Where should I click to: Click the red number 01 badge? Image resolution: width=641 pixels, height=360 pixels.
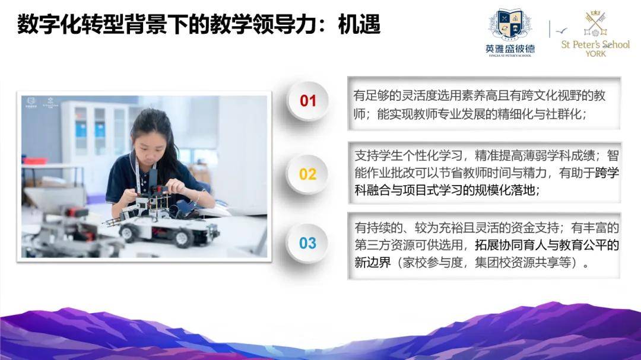308,101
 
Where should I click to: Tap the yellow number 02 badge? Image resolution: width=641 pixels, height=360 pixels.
307,174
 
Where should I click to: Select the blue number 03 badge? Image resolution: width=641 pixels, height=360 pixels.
307,244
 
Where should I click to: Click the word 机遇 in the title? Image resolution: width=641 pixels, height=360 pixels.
359,24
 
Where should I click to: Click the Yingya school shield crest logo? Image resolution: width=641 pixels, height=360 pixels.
510,25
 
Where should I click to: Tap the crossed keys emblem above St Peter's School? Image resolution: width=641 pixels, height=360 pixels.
595,23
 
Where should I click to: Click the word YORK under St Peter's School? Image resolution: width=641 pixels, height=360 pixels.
595,54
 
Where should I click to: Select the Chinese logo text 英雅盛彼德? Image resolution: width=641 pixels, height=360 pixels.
510,49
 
